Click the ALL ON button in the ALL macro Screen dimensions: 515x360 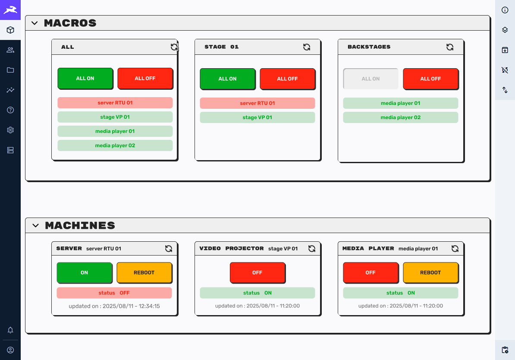click(x=85, y=78)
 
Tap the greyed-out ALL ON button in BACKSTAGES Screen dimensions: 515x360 click(x=371, y=79)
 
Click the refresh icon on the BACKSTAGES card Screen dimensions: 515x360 click(x=449, y=47)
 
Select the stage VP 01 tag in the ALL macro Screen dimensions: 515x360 click(x=115, y=117)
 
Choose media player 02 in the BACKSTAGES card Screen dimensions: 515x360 click(x=400, y=117)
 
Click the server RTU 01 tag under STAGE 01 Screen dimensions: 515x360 click(x=257, y=103)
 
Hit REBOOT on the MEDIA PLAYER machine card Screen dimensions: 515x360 click(x=430, y=272)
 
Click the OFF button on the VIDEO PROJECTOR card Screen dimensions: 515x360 click(x=257, y=272)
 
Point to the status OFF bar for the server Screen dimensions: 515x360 click(x=114, y=293)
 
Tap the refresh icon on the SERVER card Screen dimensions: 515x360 click(x=169, y=249)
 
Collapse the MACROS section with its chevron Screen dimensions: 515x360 click(x=35, y=23)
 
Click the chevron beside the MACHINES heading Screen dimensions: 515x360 click(x=35, y=225)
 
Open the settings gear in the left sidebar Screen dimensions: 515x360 click(x=10, y=130)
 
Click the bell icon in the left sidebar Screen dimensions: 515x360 click(x=10, y=330)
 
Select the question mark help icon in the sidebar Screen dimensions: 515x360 click(x=10, y=110)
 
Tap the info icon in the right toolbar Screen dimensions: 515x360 click(x=505, y=10)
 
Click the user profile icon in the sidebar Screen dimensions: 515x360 click(x=10, y=350)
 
